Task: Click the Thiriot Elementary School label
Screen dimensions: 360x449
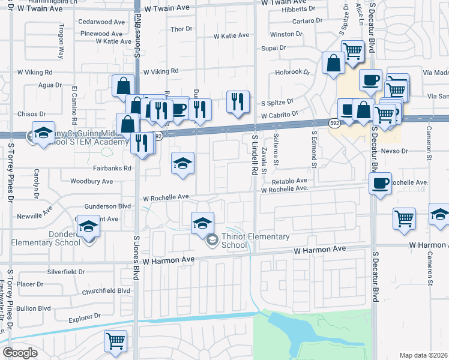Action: tap(255, 241)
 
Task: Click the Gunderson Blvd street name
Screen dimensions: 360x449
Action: tap(109, 206)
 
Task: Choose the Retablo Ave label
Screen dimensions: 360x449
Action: tap(289, 180)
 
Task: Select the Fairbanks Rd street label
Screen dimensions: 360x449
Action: tap(112, 169)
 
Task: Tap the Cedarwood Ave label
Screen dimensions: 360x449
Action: tap(101, 21)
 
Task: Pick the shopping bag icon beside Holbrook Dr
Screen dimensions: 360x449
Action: tap(333, 62)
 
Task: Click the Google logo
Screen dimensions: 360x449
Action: tap(20, 353)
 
